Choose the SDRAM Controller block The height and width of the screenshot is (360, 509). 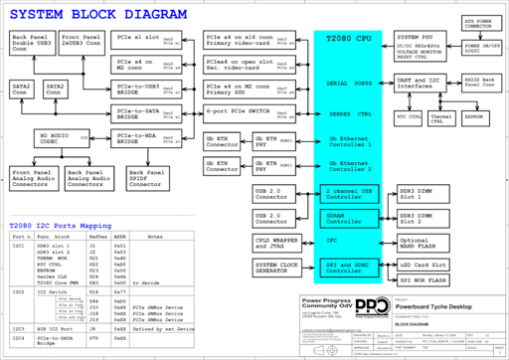(349, 216)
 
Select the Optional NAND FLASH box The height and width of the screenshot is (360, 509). (421, 242)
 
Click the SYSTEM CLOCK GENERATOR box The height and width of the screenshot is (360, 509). (279, 267)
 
